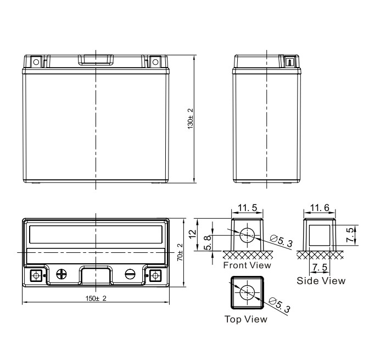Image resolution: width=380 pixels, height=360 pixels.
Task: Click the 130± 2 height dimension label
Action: tap(191, 119)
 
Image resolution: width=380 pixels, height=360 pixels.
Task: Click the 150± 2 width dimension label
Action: tap(96, 298)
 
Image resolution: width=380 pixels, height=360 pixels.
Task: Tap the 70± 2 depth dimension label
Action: tap(180, 252)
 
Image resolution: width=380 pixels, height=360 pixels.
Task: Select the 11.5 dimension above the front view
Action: tap(247, 208)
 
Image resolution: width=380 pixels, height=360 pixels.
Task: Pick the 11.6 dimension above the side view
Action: tap(320, 208)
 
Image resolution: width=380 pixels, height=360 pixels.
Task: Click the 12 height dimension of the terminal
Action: tap(193, 234)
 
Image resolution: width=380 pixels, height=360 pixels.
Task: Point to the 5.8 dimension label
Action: tap(208, 243)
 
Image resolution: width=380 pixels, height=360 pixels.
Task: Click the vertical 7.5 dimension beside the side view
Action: tap(350, 235)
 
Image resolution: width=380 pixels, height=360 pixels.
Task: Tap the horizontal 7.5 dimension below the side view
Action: tap(320, 268)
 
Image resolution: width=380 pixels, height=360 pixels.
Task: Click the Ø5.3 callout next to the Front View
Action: tap(281, 241)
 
